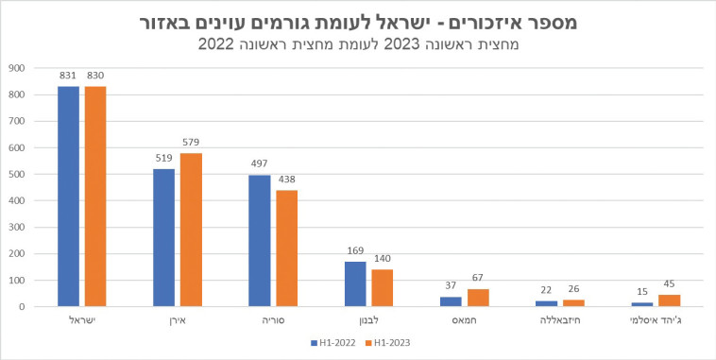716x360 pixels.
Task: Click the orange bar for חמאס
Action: [x=477, y=297]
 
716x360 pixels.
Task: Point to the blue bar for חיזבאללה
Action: [x=547, y=303]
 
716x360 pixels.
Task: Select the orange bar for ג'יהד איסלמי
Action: [x=669, y=300]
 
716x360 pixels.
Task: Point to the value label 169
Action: [x=354, y=252]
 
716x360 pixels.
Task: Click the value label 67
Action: [x=477, y=279]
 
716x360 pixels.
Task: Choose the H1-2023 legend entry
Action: [x=388, y=343]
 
